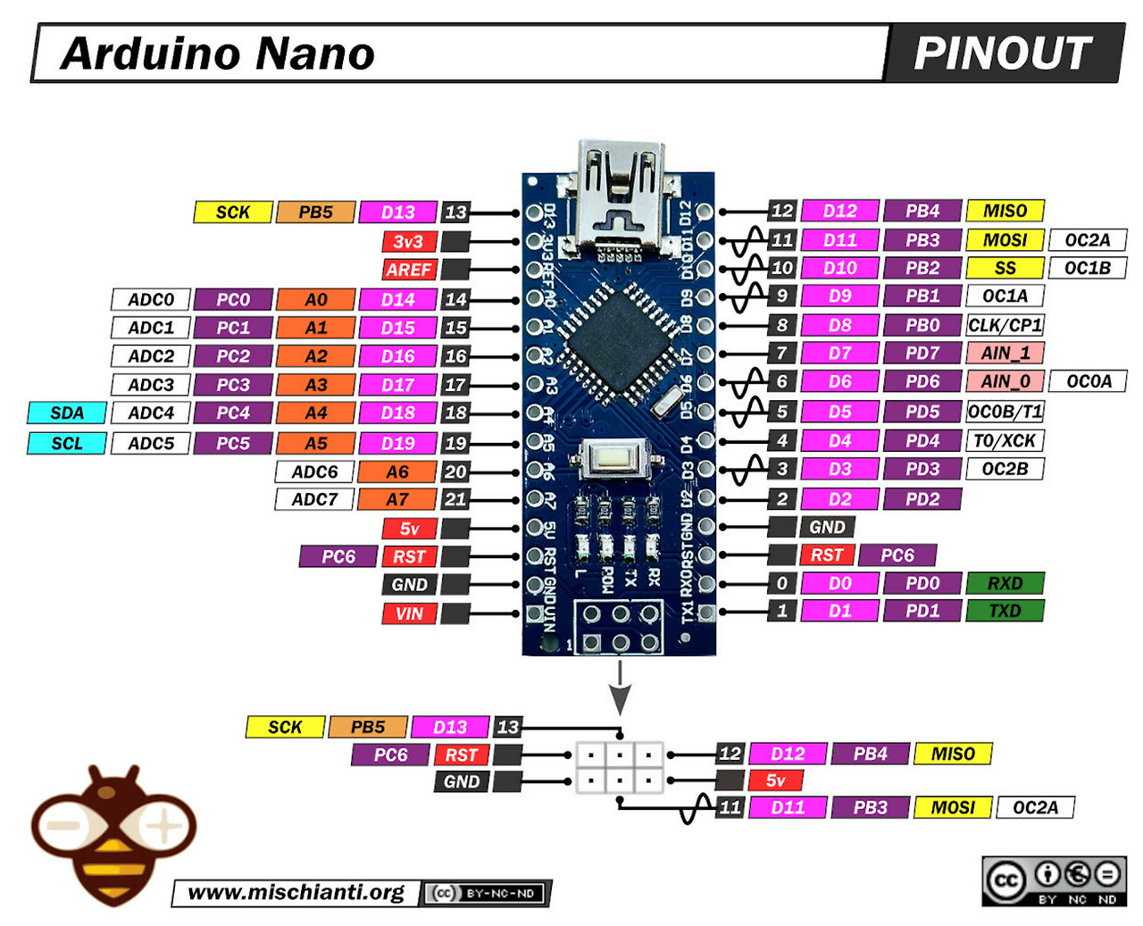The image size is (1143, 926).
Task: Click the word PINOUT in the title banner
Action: (x=1002, y=54)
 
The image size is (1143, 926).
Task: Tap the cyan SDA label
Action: (x=67, y=413)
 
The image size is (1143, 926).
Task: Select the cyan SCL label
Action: (x=67, y=443)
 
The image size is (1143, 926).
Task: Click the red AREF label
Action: (x=409, y=270)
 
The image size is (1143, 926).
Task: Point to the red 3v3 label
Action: (x=409, y=241)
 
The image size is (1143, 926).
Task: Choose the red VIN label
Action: (x=409, y=613)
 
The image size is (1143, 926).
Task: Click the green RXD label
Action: (x=1005, y=583)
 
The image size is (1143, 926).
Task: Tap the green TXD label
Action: (x=1005, y=611)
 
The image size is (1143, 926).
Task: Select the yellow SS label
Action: (x=1005, y=268)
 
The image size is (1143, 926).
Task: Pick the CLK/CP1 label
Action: (x=1005, y=325)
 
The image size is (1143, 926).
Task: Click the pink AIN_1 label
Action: (x=1005, y=353)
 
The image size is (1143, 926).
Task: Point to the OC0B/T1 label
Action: (x=1005, y=412)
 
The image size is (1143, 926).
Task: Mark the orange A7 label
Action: (x=397, y=499)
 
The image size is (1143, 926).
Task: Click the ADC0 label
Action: (x=151, y=299)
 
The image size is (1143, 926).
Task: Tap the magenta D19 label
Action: (x=397, y=443)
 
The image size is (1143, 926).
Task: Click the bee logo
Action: (x=113, y=835)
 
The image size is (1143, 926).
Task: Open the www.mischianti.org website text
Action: (x=296, y=892)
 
